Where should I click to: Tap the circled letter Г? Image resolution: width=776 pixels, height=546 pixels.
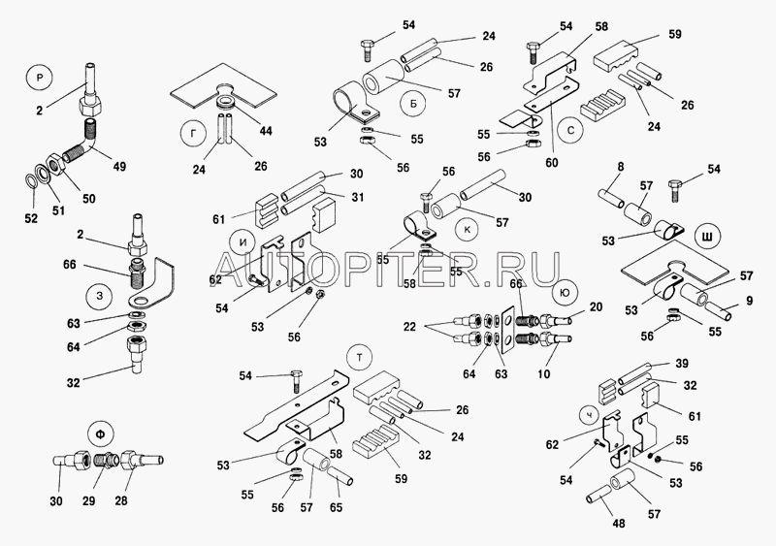point(194,130)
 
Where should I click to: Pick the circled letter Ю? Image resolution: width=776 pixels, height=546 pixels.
point(560,291)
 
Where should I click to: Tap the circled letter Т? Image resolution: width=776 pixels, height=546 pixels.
point(360,358)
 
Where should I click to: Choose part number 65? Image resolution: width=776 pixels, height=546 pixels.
point(336,506)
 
